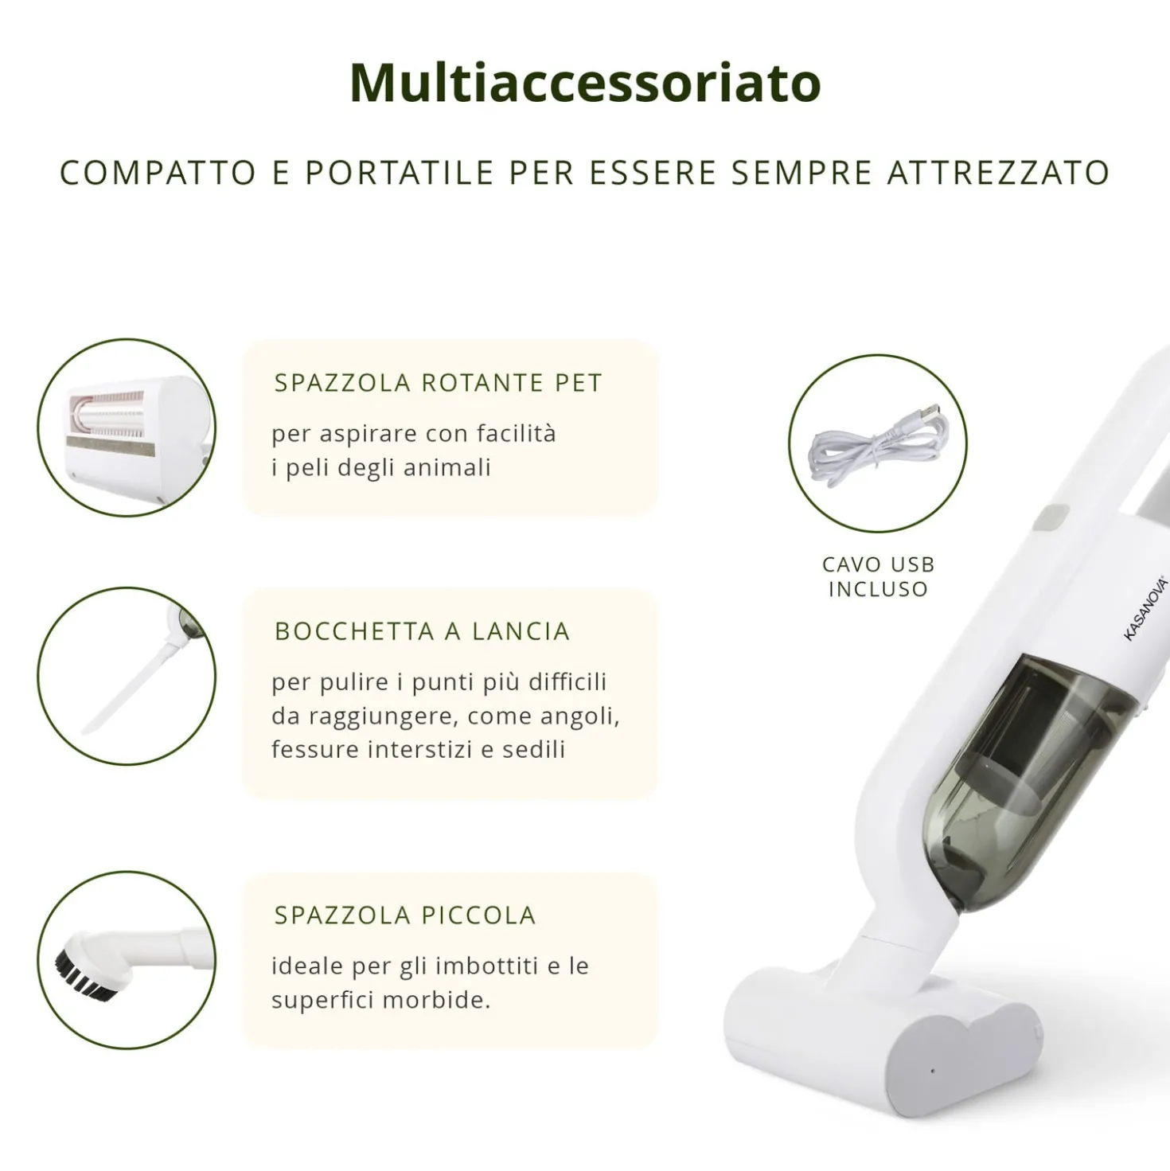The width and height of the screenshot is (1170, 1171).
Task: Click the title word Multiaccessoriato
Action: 585,83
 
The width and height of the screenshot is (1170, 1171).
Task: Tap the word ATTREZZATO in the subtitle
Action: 999,173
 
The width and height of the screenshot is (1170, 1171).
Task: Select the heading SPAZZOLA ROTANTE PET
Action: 439,383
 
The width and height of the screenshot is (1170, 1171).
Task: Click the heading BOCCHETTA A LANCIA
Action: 423,631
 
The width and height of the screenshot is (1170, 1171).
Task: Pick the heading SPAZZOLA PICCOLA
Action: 405,915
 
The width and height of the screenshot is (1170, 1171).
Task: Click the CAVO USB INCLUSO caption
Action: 878,576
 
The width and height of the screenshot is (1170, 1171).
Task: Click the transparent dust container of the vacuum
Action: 1033,781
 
